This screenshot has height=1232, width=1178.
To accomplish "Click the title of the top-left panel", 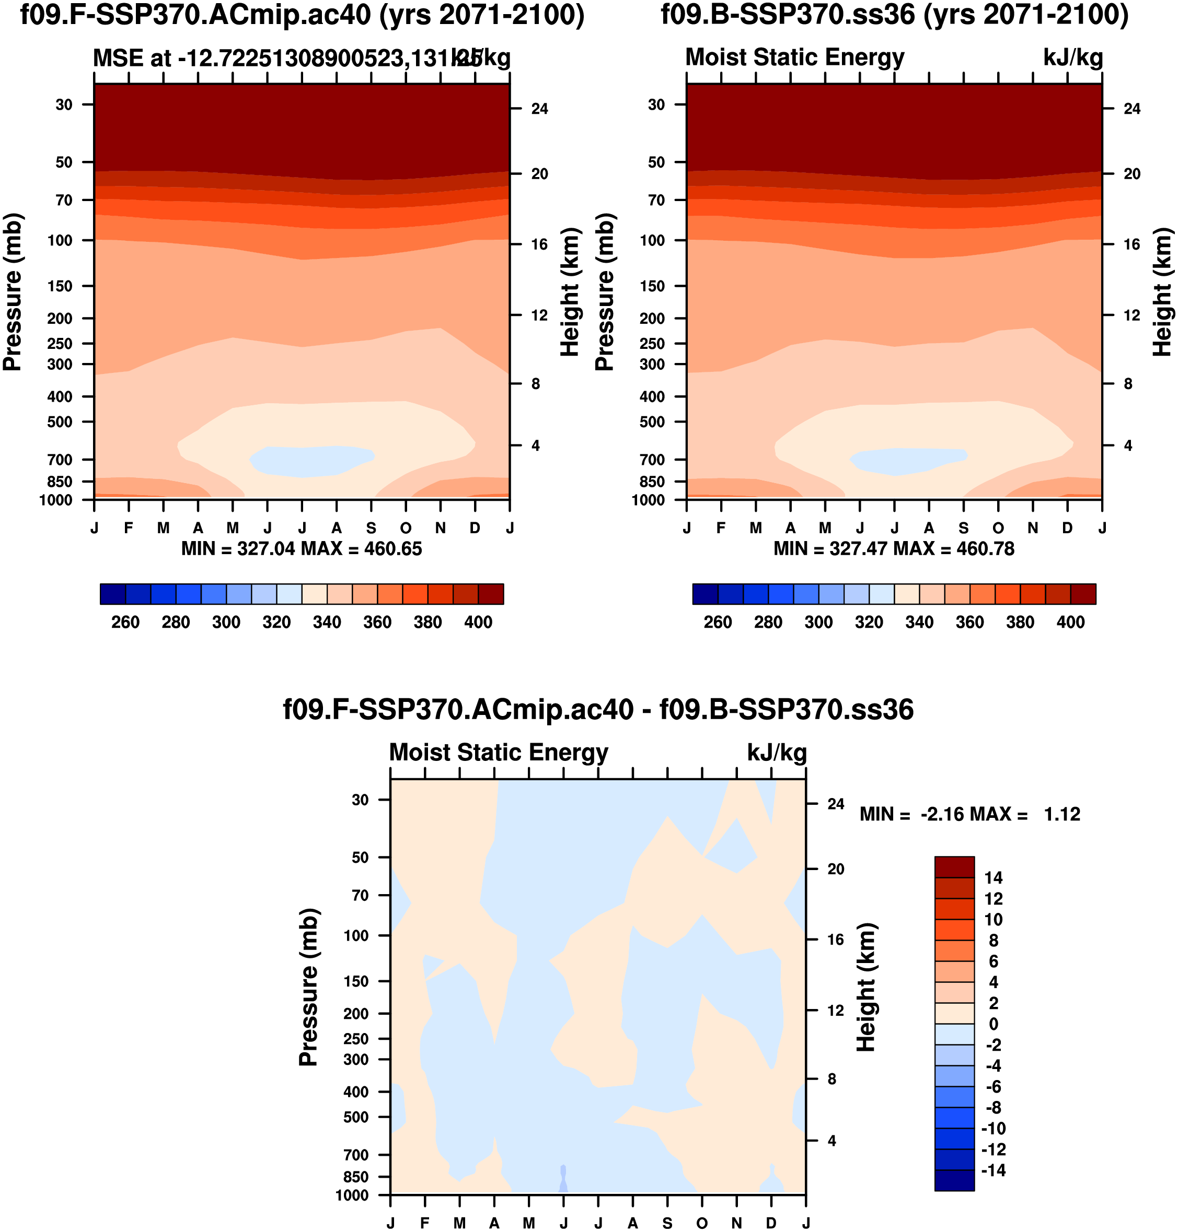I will [302, 15].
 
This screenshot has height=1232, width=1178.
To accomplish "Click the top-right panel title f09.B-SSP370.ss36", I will [894, 15].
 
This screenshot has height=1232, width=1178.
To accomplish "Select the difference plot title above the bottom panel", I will [598, 710].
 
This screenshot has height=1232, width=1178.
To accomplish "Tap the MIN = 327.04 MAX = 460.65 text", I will [302, 549].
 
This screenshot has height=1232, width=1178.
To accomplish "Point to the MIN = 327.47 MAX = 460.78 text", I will [894, 549].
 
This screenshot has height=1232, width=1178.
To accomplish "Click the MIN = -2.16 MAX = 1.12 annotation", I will [969, 815].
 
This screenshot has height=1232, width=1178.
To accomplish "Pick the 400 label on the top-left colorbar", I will [478, 623].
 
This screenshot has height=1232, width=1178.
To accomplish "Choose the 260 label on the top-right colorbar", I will [717, 623].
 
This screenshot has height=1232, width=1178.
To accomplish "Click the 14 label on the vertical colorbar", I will [994, 878].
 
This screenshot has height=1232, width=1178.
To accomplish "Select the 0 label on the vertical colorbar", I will [994, 1024].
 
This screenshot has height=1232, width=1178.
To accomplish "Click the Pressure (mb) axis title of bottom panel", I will [309, 987].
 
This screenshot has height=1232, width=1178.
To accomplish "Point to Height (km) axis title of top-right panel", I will [1162, 292].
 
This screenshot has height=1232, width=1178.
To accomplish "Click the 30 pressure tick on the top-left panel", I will [64, 105].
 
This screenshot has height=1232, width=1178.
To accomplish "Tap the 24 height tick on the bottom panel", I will [835, 804].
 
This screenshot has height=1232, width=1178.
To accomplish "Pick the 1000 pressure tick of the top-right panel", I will [648, 500].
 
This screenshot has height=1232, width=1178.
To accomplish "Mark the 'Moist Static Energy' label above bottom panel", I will [499, 753].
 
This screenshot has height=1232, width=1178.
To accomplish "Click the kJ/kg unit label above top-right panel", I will [1072, 58].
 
